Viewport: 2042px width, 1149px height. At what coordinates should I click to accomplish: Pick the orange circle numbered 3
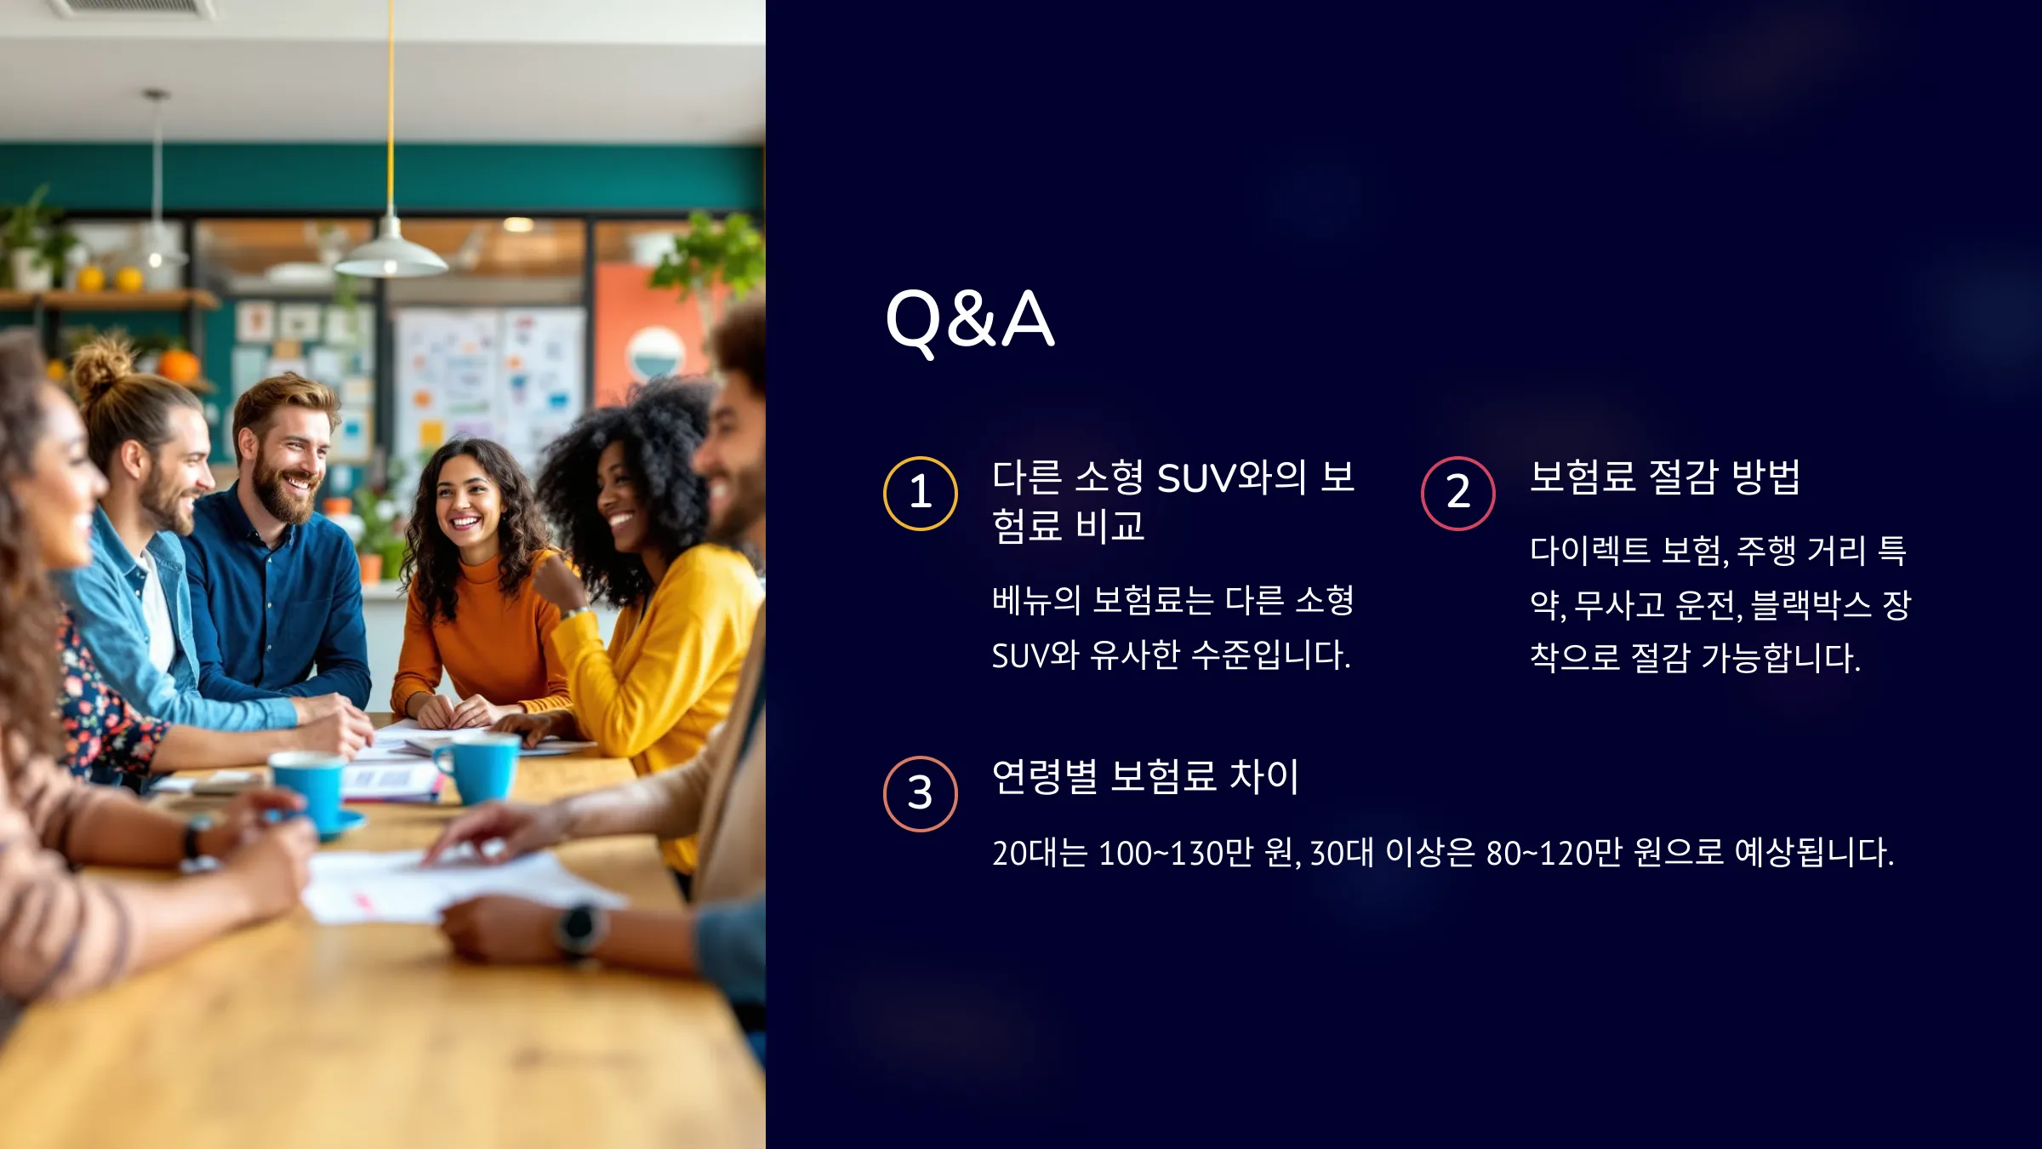[x=921, y=757]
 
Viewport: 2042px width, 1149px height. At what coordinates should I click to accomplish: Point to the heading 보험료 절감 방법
[x=1665, y=477]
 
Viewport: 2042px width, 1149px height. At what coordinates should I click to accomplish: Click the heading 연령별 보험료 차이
[x=1145, y=776]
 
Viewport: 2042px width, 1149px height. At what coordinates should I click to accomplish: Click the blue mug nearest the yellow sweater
[x=478, y=769]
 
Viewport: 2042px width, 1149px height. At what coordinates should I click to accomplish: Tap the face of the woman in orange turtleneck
[x=467, y=502]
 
